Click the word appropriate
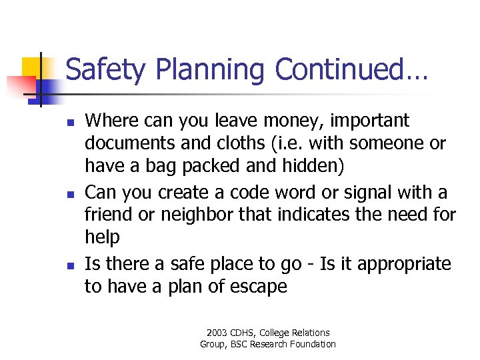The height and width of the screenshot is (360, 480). (404, 264)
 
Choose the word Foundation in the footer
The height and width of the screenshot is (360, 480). (310, 344)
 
